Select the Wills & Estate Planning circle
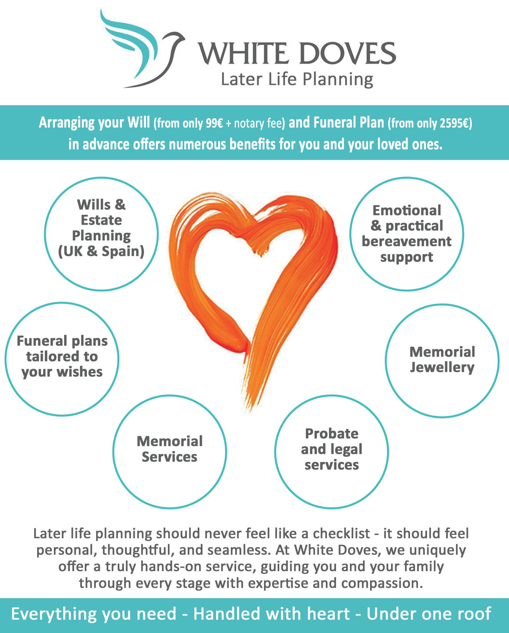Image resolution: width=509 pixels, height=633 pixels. (101, 234)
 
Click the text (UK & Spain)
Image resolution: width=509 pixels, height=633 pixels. (101, 251)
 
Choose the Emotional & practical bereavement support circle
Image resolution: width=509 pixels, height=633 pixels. (407, 234)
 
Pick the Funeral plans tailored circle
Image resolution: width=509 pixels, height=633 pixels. (62, 359)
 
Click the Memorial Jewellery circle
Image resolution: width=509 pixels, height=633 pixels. (442, 360)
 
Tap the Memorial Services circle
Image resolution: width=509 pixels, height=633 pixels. (170, 451)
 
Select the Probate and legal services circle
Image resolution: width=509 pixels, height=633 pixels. (331, 451)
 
